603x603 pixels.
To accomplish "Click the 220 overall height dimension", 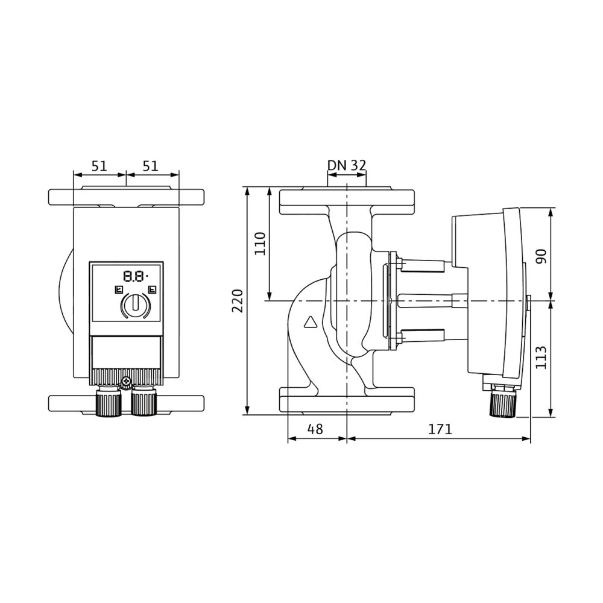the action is (238, 301).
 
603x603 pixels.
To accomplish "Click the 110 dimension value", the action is (260, 243).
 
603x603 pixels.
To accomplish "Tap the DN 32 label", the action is (347, 165).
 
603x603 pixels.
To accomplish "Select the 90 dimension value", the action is (541, 256).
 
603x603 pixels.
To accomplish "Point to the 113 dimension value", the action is (541, 358).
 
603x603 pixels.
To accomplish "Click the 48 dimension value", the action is (315, 429).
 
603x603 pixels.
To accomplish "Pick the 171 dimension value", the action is (441, 429).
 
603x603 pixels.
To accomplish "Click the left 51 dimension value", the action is (99, 166).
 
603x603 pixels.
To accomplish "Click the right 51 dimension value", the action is (150, 166).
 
